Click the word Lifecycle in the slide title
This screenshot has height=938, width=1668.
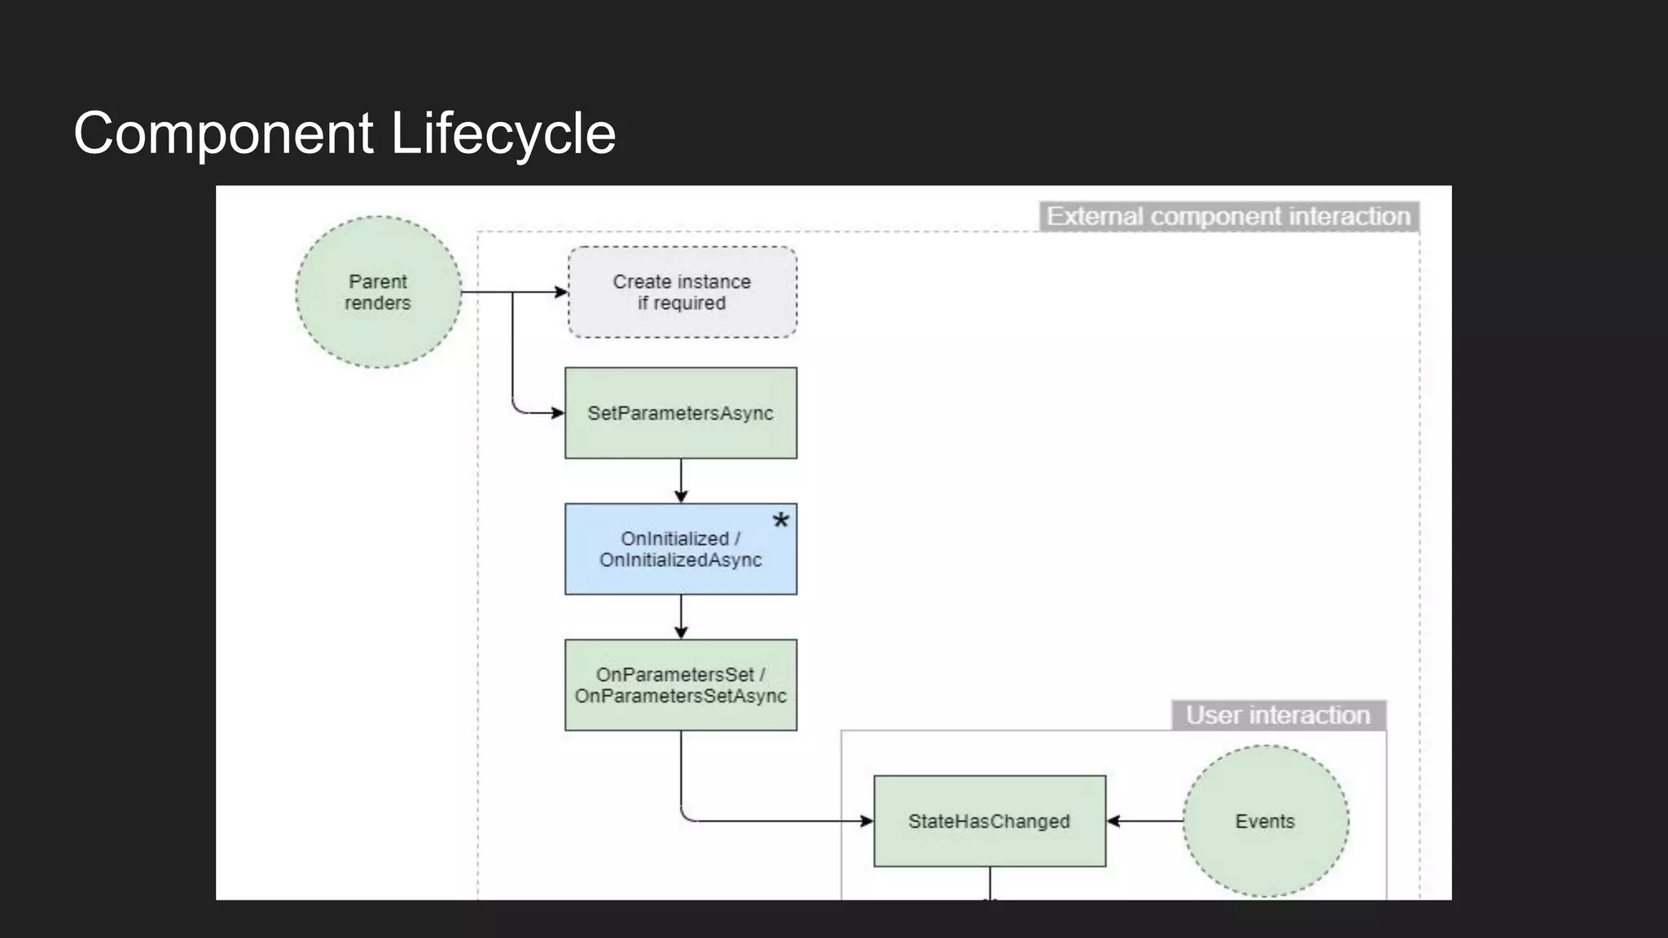tap(503, 134)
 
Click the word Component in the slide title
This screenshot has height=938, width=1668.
tap(223, 134)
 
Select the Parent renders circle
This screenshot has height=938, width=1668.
tap(378, 292)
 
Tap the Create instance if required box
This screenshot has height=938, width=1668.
tap(682, 292)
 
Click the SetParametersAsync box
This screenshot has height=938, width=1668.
tap(681, 413)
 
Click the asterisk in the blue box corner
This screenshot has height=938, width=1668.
tap(780, 521)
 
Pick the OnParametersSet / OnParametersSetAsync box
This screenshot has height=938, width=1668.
tap(681, 685)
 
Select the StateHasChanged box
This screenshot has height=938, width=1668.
tap(990, 821)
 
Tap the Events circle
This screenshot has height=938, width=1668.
tap(1265, 821)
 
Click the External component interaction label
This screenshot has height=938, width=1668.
tap(1228, 217)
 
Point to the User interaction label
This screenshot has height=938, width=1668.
tap(1278, 715)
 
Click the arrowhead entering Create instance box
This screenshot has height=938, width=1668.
tap(561, 291)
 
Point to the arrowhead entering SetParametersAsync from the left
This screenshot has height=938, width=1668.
tap(558, 413)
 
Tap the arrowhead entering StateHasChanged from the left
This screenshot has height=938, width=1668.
tap(867, 821)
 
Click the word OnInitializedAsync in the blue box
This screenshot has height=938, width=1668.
tap(681, 560)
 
